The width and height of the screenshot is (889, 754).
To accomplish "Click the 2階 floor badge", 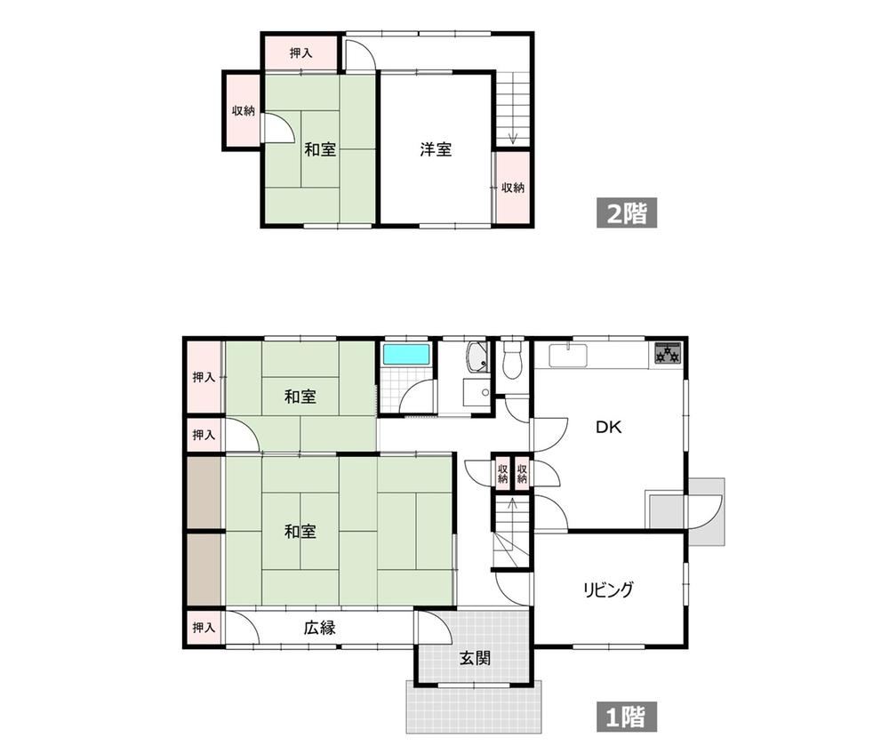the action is (x=627, y=213).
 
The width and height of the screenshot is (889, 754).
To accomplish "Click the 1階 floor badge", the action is (x=627, y=717).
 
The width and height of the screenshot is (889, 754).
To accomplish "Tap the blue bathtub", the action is (x=405, y=354).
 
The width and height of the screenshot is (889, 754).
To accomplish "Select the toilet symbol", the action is (x=513, y=359).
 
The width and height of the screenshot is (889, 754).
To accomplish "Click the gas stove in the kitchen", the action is (x=668, y=353).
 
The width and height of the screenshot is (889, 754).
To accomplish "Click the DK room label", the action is (x=608, y=427).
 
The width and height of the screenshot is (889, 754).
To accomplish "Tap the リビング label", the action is (x=608, y=590).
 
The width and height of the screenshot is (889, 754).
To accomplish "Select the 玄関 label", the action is (x=475, y=658).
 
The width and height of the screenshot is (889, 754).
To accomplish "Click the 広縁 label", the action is (x=320, y=628).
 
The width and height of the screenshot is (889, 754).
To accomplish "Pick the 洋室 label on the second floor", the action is (x=436, y=149).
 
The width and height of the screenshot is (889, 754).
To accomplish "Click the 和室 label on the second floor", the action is (x=320, y=149).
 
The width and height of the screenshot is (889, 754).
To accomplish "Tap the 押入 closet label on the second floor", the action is (x=300, y=52).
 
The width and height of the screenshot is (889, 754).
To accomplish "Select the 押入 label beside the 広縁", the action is (x=204, y=628).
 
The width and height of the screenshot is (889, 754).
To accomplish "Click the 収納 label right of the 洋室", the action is (x=513, y=187).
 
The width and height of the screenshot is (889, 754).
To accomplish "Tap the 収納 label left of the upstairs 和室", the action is (x=244, y=110).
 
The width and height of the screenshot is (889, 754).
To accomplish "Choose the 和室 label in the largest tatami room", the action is (x=300, y=532).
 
